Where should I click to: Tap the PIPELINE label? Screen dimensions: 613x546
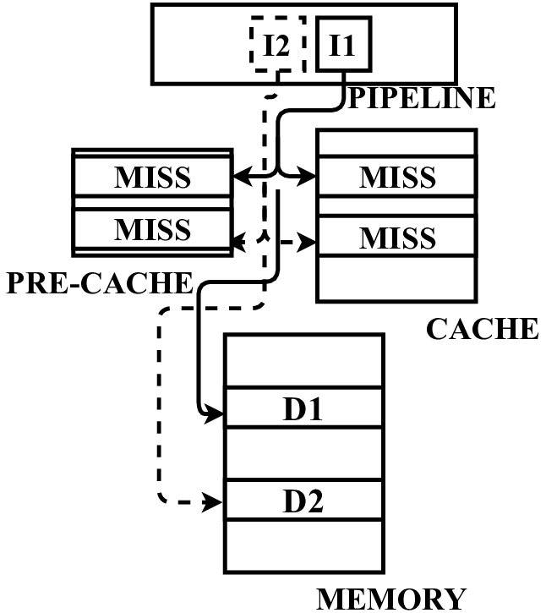421,98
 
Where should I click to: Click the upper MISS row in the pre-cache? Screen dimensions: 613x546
152,178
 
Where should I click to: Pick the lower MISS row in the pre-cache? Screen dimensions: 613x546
152,228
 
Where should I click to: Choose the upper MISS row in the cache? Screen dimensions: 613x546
396,178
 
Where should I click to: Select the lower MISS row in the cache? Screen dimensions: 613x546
396,238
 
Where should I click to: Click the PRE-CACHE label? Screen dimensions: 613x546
98,282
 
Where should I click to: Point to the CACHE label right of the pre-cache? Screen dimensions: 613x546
481,328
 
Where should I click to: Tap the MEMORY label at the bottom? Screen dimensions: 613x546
390,599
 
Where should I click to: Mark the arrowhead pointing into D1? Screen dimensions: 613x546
216,415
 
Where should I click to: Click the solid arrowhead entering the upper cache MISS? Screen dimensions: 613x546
309,178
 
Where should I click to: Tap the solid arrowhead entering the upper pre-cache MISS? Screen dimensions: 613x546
239,178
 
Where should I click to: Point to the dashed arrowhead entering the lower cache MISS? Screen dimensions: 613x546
309,243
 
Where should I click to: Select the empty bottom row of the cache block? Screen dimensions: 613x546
396,279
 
